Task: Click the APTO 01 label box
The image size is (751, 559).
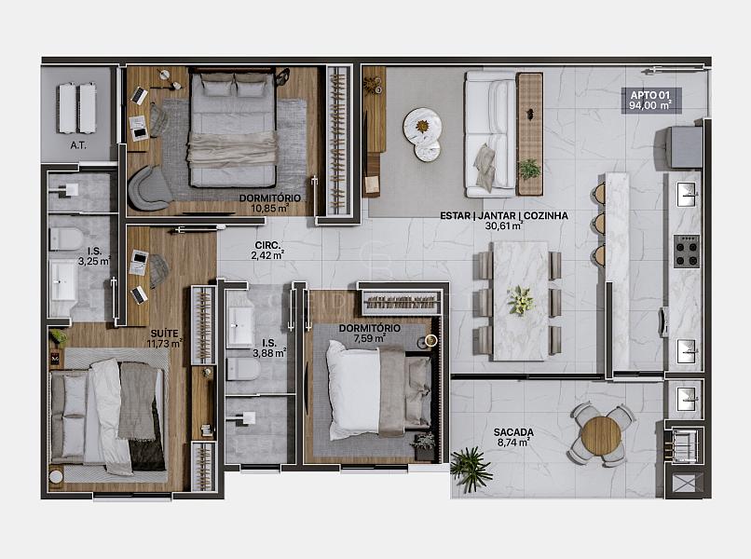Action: pos(651,101)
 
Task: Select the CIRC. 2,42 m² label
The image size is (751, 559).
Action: pos(267,251)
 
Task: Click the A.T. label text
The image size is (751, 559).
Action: pos(78,145)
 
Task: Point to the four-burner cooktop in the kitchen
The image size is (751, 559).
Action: pos(687,251)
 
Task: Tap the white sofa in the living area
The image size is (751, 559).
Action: pos(489,134)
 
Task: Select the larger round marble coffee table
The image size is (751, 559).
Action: pos(421,126)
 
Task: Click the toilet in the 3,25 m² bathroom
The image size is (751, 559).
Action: pos(65,239)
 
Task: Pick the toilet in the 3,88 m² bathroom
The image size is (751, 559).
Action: pos(243,369)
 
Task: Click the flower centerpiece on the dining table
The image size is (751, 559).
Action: pos(520,301)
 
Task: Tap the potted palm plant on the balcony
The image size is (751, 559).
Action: pos(471,468)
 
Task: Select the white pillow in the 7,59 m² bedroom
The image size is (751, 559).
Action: pos(352,390)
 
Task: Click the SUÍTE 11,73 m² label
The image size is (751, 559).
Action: pos(165,338)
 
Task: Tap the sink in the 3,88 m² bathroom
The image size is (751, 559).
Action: pos(240,327)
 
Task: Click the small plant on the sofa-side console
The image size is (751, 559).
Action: pos(528,169)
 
